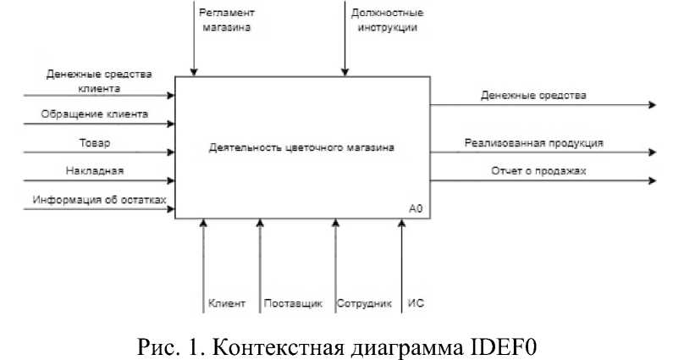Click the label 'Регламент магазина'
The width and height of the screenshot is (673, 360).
[226, 20]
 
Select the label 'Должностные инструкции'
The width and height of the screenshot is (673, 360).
[385, 20]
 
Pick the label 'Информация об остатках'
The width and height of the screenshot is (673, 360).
[99, 200]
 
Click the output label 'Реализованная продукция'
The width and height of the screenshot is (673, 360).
[533, 142]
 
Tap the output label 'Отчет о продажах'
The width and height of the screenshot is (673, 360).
[538, 171]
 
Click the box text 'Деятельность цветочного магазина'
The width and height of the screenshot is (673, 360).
[301, 148]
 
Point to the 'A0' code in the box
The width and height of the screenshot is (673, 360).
[415, 208]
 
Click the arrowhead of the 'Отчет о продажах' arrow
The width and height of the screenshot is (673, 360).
[652, 180]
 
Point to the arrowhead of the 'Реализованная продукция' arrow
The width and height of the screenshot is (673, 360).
[652, 152]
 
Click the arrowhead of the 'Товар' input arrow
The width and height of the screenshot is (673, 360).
[171, 152]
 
